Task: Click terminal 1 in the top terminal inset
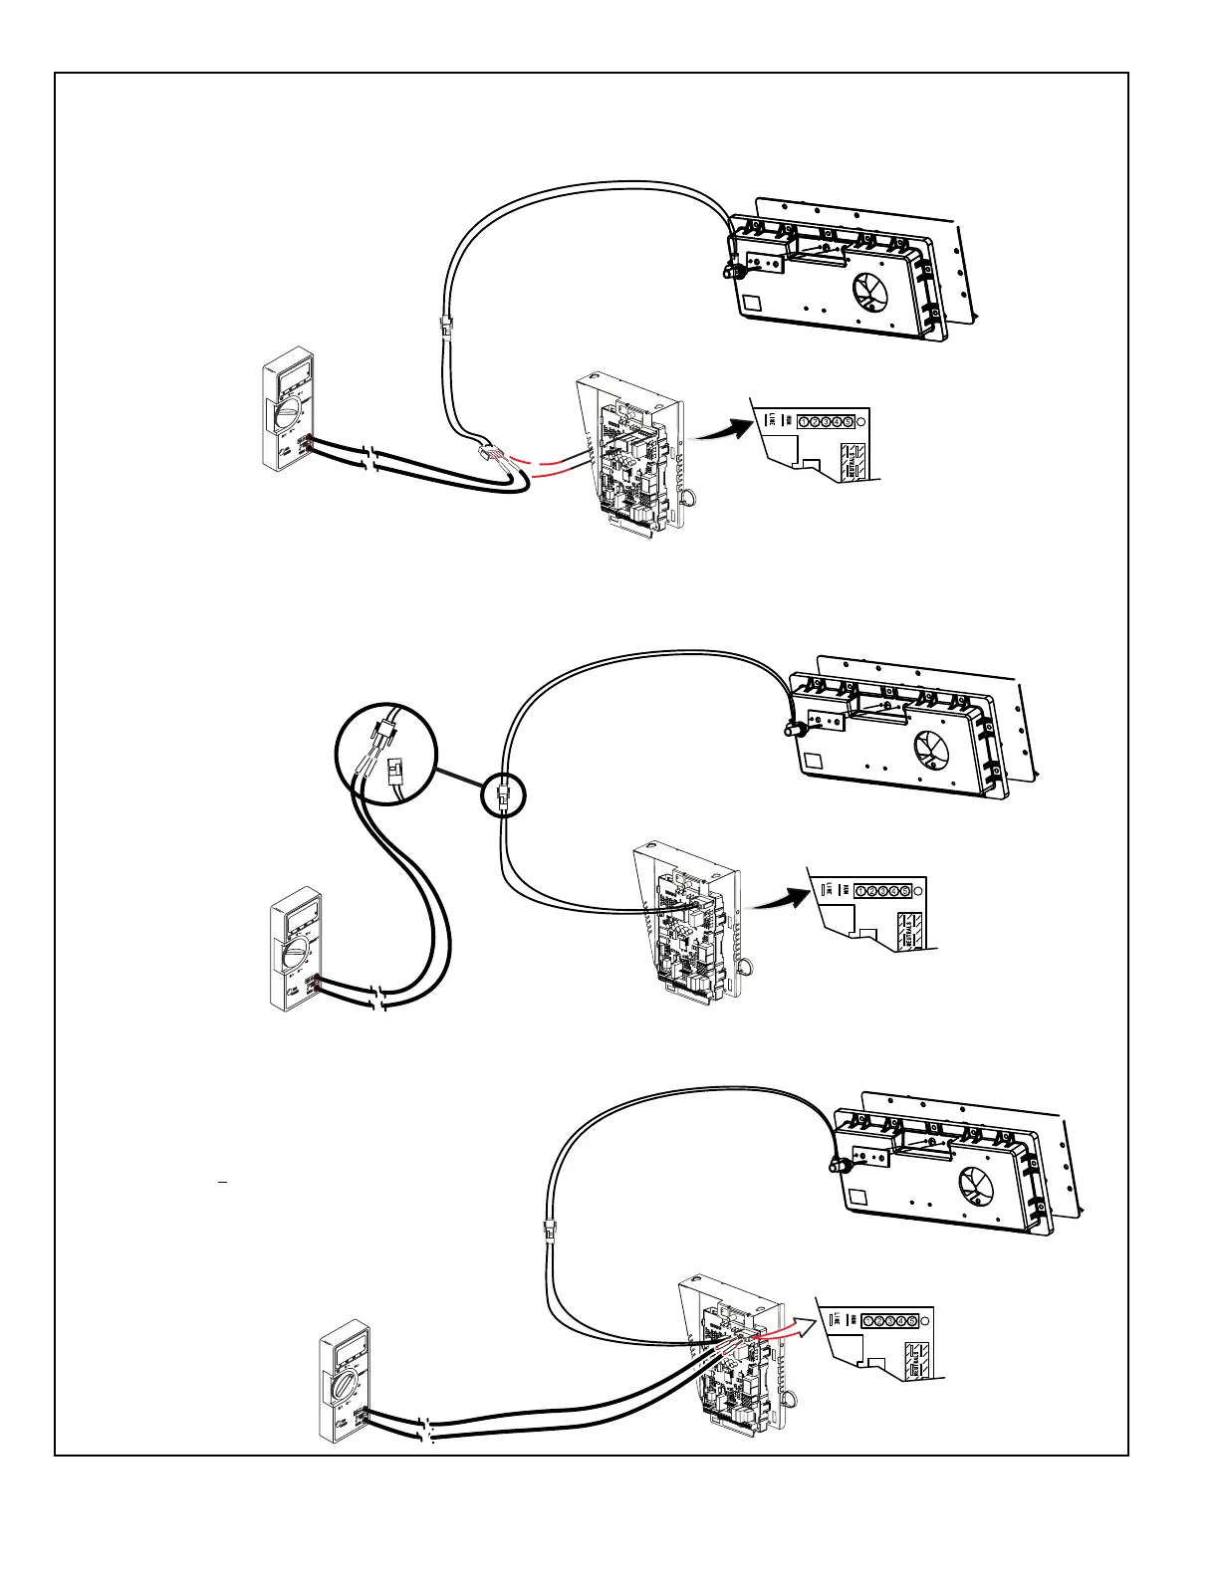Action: tap(804, 422)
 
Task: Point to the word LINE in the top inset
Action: tap(770, 422)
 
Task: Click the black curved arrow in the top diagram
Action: tap(722, 431)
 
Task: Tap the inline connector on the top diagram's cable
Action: tap(445, 325)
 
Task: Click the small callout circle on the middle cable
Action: tap(503, 796)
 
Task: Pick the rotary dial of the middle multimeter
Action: tap(296, 954)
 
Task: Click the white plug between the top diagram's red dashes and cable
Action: tap(487, 453)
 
